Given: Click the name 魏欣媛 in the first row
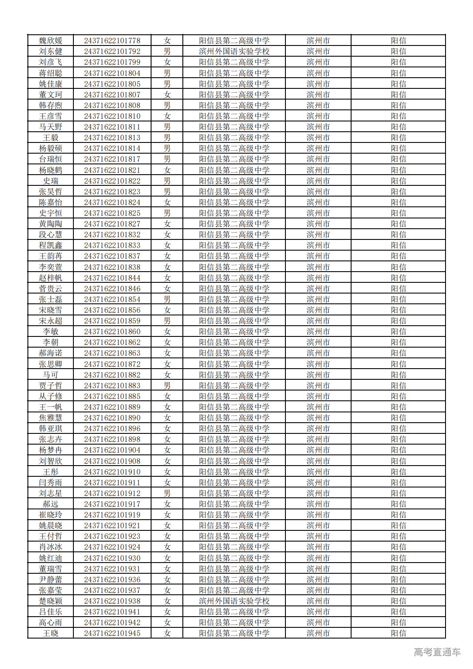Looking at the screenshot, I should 51,41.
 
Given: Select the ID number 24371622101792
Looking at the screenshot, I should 112,51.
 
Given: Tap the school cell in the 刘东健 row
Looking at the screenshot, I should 234,51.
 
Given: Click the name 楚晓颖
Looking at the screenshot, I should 51,601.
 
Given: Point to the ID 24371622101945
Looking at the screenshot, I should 112,633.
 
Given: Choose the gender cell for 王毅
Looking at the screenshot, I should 167,138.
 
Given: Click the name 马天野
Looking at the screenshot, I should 51,127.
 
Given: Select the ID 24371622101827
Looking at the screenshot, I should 112,224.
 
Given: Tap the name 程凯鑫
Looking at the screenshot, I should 51,245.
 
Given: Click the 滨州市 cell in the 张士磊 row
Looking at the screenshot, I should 318,300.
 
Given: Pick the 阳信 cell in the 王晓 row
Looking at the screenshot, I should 398,633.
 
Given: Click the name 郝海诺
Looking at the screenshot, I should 51,353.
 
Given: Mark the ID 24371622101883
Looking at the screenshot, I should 112,386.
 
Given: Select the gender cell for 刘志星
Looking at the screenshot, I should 167,493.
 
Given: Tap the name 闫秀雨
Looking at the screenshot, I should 51,483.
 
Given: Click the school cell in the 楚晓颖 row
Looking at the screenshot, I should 234,601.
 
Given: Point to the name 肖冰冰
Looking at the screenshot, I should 51,547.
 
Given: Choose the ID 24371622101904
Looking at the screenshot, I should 112,450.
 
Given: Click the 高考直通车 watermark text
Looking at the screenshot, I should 437,652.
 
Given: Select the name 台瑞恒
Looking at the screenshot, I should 51,159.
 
